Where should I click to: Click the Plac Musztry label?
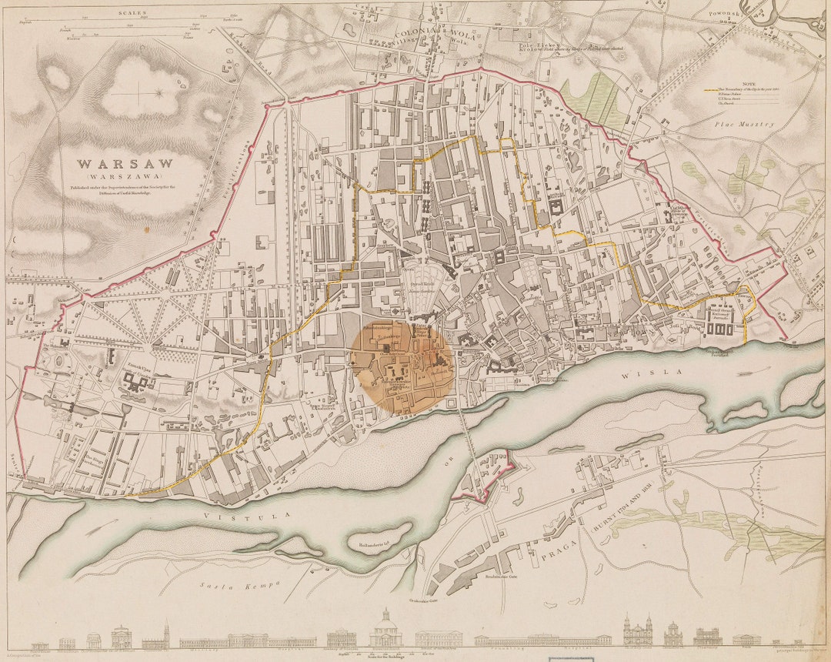pyautogui.click(x=743, y=124)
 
